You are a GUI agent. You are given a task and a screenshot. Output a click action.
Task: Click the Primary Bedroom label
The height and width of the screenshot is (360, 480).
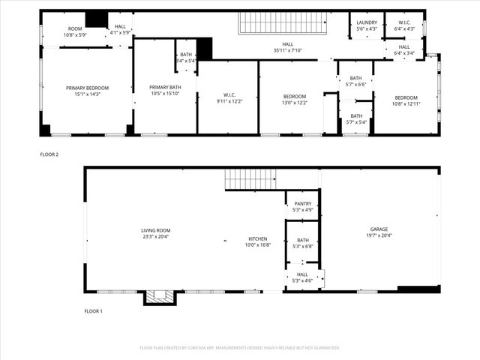[x=87, y=91]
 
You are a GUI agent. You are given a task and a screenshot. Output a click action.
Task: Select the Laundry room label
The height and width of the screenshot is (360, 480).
[x=367, y=22]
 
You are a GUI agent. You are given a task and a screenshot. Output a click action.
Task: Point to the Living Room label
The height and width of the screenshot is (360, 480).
[x=156, y=233]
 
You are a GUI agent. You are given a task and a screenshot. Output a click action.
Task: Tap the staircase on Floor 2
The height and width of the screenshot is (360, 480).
[x=283, y=24]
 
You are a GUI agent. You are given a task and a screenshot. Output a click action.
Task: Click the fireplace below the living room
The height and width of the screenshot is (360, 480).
[x=160, y=298]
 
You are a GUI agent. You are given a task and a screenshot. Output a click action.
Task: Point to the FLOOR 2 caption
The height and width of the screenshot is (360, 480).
[x=49, y=154]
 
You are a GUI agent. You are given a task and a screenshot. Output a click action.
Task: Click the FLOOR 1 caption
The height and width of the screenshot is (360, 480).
[x=93, y=310]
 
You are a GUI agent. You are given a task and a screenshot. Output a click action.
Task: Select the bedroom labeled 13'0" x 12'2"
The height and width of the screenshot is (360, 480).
[x=295, y=99]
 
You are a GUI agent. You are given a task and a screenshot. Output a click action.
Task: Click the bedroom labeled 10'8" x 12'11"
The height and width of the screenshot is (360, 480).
[x=406, y=100]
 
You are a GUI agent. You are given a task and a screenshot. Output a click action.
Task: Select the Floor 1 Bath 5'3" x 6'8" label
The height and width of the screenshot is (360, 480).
[x=302, y=243]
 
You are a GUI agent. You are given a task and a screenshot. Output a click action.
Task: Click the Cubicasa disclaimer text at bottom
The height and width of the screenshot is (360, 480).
[x=240, y=348]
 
